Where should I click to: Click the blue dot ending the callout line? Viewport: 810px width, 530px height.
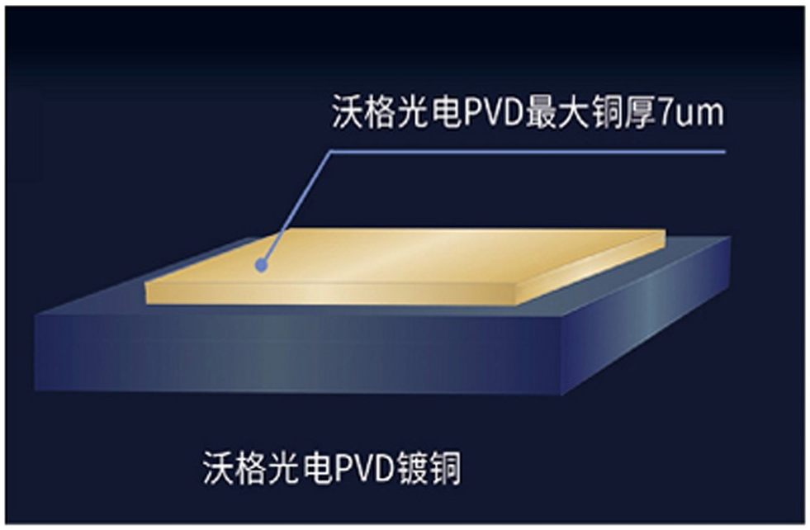click(261, 266)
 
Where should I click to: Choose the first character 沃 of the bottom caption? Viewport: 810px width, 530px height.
click(217, 468)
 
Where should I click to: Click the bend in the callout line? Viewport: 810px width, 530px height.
click(331, 153)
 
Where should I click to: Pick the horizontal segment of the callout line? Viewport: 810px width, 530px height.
click(528, 152)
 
